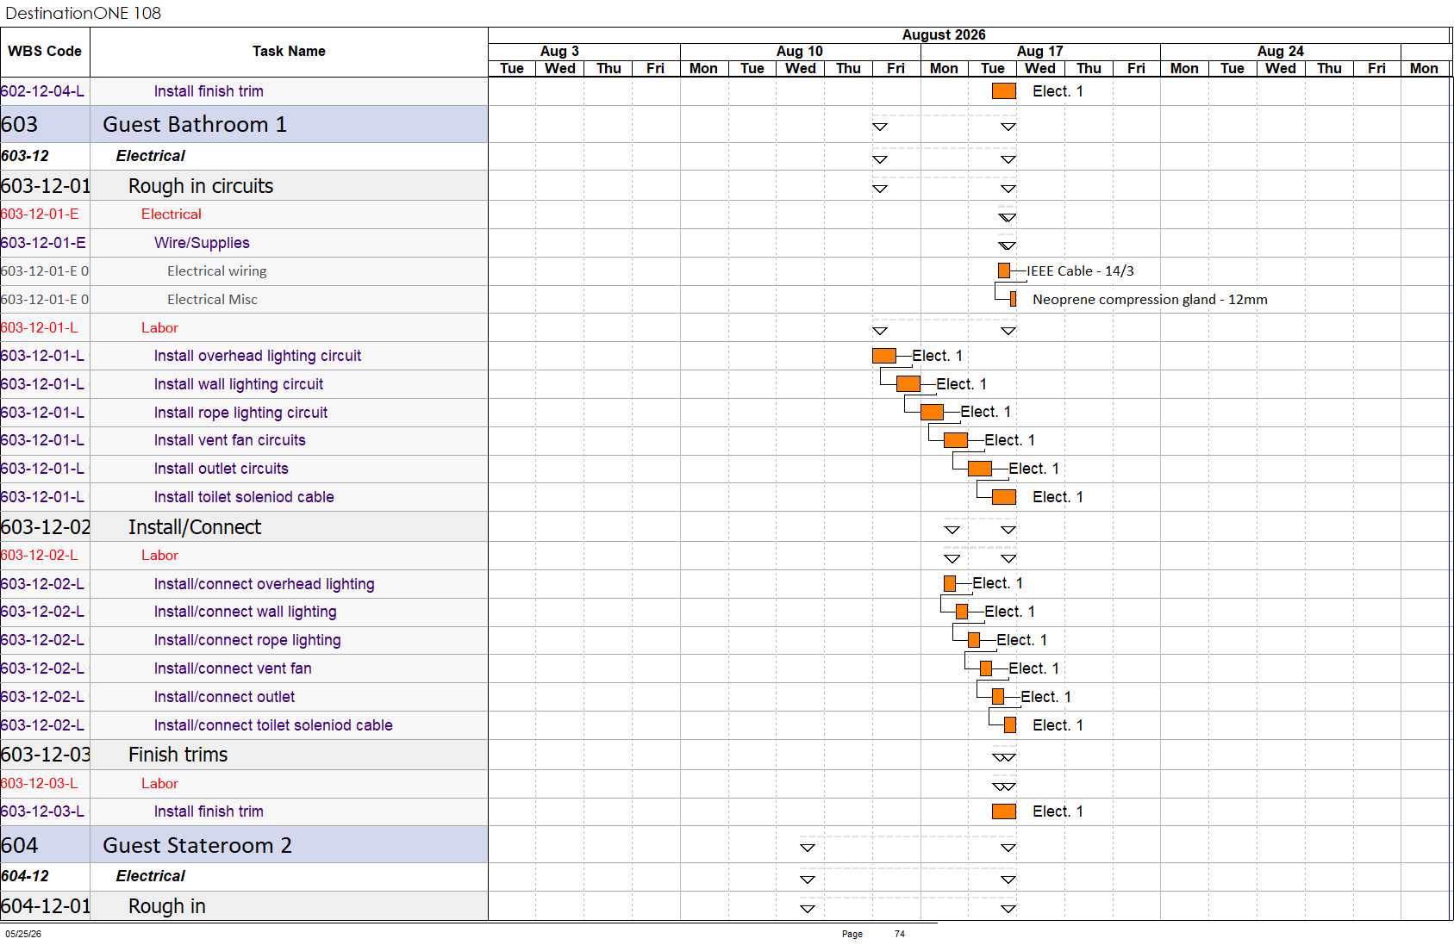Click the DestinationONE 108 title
83,13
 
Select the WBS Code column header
45,51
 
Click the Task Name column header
289,51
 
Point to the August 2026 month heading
943,35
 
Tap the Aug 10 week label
800,51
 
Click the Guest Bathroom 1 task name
195,124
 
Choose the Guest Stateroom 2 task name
197,845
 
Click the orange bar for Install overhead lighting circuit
884,356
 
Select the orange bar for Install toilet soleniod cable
1003,497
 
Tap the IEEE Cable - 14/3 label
1080,271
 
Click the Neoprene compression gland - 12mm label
1150,300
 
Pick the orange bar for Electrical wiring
1004,270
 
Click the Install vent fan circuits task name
230,440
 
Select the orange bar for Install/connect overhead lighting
950,584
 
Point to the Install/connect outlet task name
225,697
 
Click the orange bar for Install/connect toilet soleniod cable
1010,725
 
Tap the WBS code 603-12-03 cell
46,755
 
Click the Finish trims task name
178,755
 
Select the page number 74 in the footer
900,934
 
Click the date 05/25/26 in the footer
23,934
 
